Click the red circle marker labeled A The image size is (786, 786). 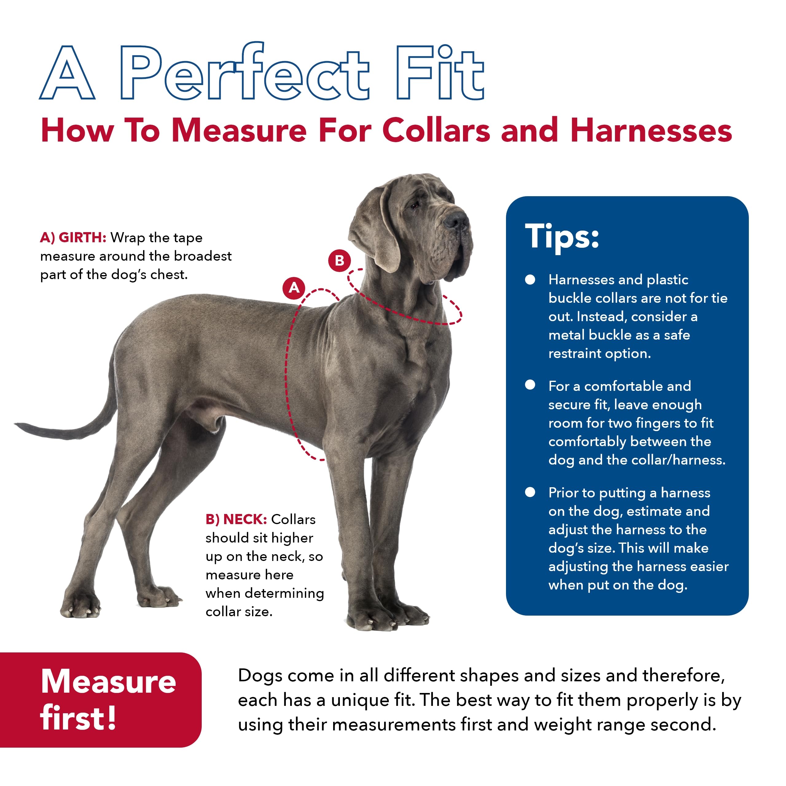(x=294, y=288)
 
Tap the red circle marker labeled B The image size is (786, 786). (x=339, y=260)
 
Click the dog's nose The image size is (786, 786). (x=456, y=220)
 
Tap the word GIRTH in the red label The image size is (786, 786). (x=82, y=238)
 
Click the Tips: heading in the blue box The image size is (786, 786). (x=562, y=236)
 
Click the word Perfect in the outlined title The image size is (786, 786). (x=244, y=73)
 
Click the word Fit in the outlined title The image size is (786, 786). (x=439, y=73)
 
